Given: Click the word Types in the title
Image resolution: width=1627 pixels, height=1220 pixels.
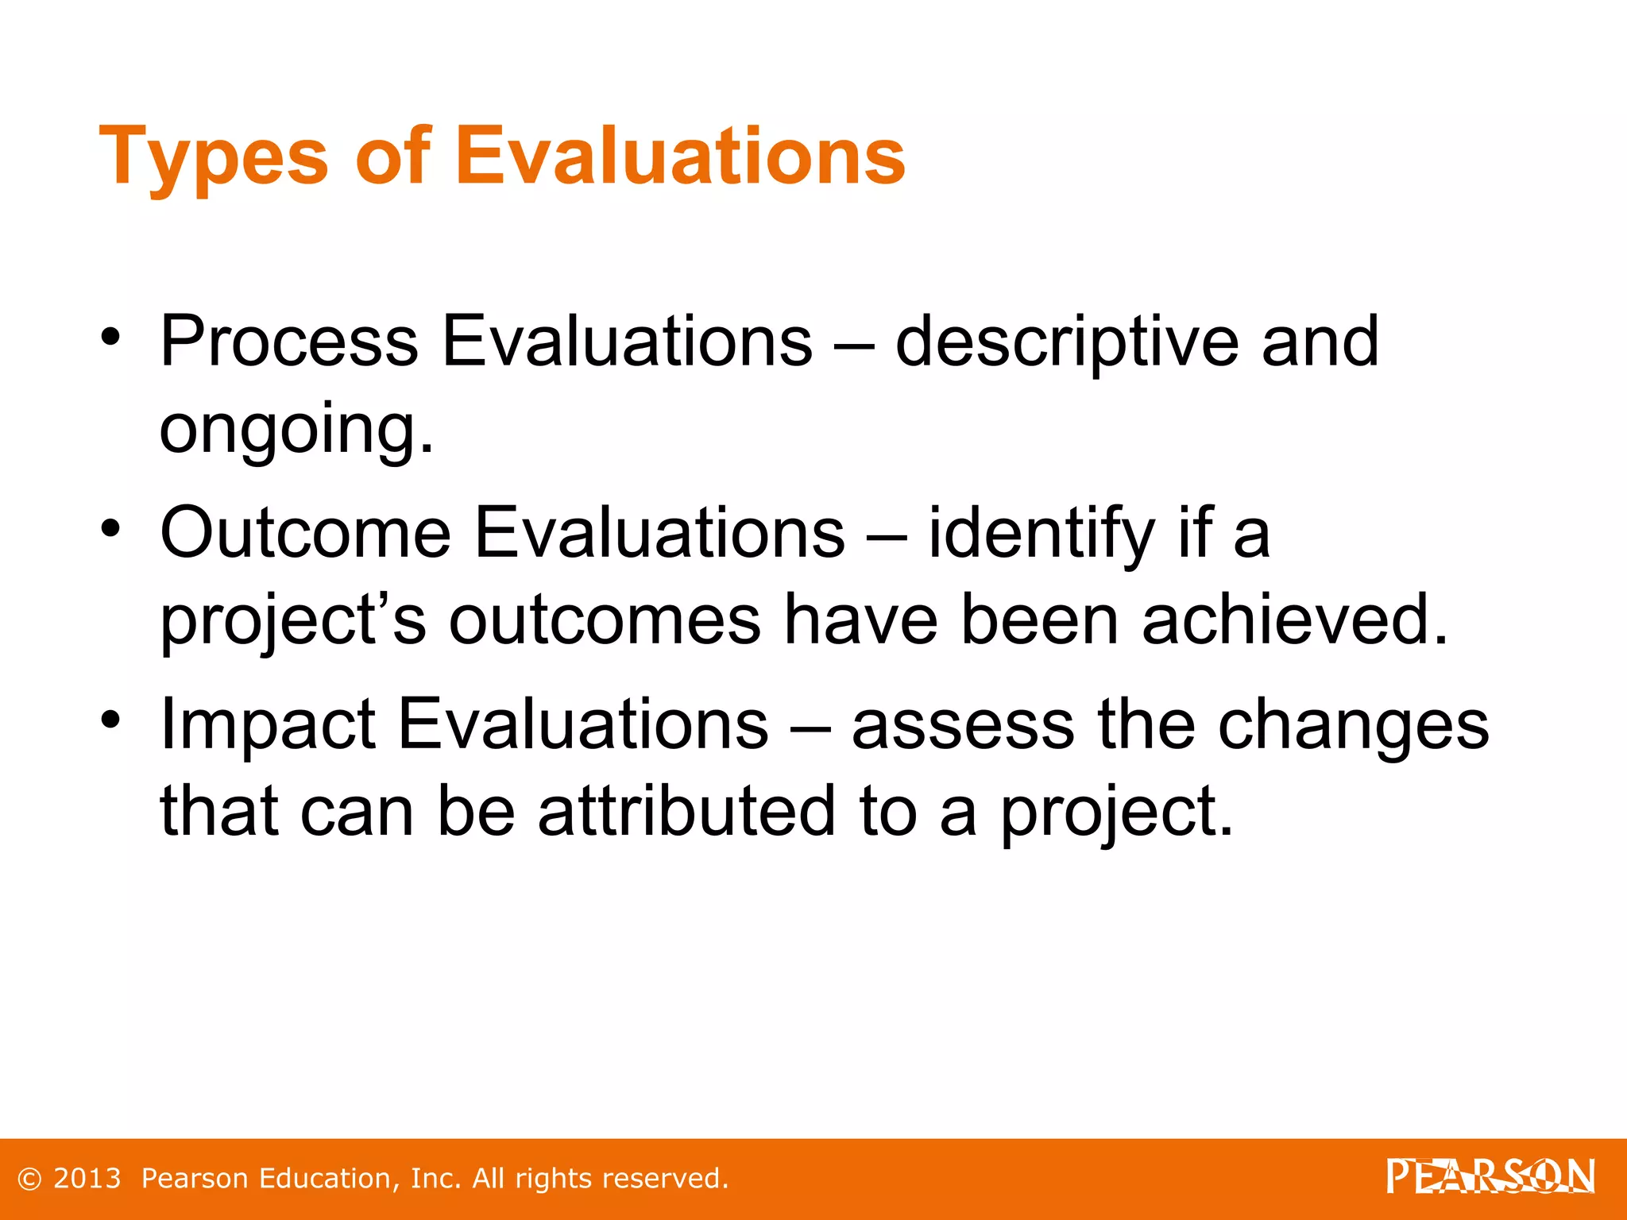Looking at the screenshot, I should coord(213,157).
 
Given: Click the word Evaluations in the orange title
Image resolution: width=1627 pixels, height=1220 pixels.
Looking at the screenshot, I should coord(680,156).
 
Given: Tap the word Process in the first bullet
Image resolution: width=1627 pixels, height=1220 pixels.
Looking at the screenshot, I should coord(289,342).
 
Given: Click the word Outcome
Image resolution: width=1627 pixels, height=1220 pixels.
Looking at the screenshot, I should coord(305,533).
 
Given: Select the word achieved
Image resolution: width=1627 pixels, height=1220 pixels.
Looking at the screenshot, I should coord(1295,620).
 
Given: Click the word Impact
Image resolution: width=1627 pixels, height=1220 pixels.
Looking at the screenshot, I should coord(268,724).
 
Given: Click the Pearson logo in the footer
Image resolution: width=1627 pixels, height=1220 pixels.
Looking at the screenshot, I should coord(1490,1176).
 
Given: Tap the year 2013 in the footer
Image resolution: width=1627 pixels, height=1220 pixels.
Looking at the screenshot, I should coord(87,1179).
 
